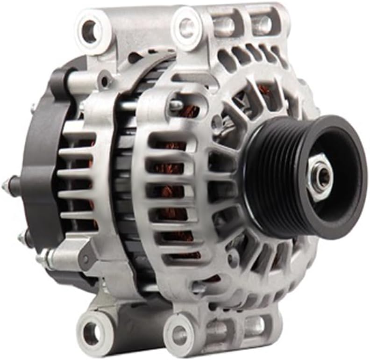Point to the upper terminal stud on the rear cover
(x=7, y=185)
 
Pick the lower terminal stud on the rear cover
(x=21, y=240)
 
